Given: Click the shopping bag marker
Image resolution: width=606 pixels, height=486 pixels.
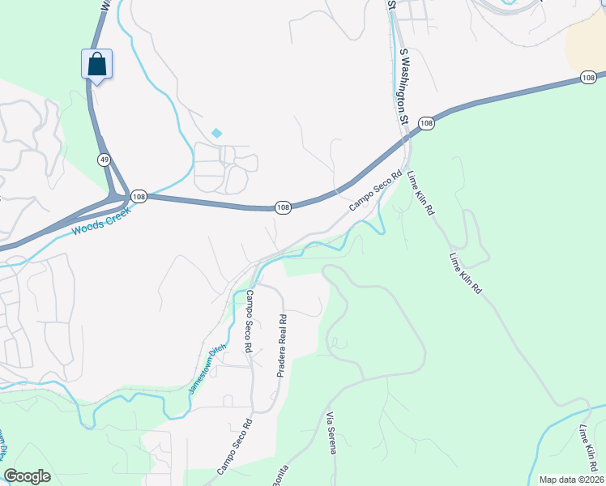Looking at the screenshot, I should (x=96, y=64).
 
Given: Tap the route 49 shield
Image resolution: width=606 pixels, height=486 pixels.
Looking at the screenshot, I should (x=105, y=160).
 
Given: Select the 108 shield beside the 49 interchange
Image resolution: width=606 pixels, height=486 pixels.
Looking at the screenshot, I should (x=139, y=197).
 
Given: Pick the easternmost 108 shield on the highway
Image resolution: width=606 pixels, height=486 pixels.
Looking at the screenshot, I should (x=589, y=78).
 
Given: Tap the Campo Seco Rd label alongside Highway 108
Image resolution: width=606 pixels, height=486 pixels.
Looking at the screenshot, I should (x=376, y=192).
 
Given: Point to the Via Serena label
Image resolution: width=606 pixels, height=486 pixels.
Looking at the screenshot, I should (x=331, y=433).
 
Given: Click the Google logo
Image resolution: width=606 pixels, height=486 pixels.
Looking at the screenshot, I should (x=27, y=476).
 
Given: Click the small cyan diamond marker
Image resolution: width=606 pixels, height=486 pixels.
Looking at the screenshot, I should (x=216, y=133).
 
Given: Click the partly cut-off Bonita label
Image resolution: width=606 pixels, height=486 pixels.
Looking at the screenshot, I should (x=280, y=476).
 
